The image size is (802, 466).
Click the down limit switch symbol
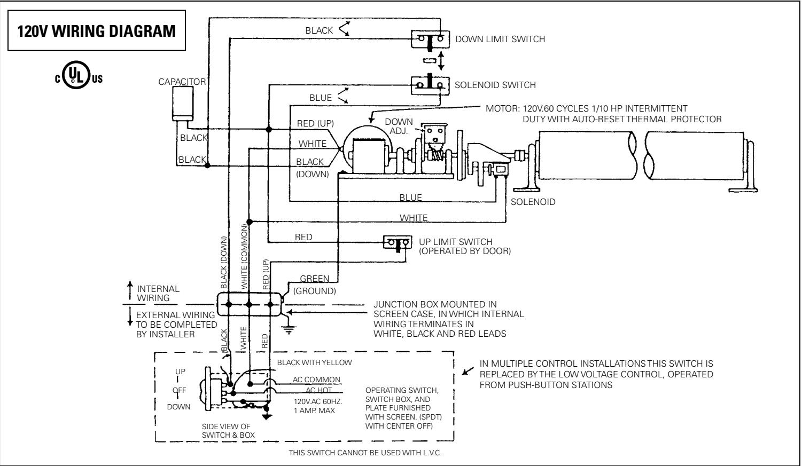pos(429,38)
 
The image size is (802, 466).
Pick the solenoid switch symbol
pos(429,84)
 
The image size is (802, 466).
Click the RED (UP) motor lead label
pos(315,124)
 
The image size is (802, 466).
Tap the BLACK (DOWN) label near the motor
pos(313,168)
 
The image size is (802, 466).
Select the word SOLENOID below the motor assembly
pos(533,202)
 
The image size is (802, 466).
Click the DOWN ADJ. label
pos(399,126)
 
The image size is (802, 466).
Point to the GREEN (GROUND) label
pos(317,285)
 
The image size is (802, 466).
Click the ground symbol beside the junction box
pos(290,327)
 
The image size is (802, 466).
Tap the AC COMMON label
pos(316,380)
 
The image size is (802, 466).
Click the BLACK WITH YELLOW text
pos(315,362)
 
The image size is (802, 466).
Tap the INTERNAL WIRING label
pos(158,293)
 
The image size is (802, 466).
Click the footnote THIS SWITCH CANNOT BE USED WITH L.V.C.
pos(365,453)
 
